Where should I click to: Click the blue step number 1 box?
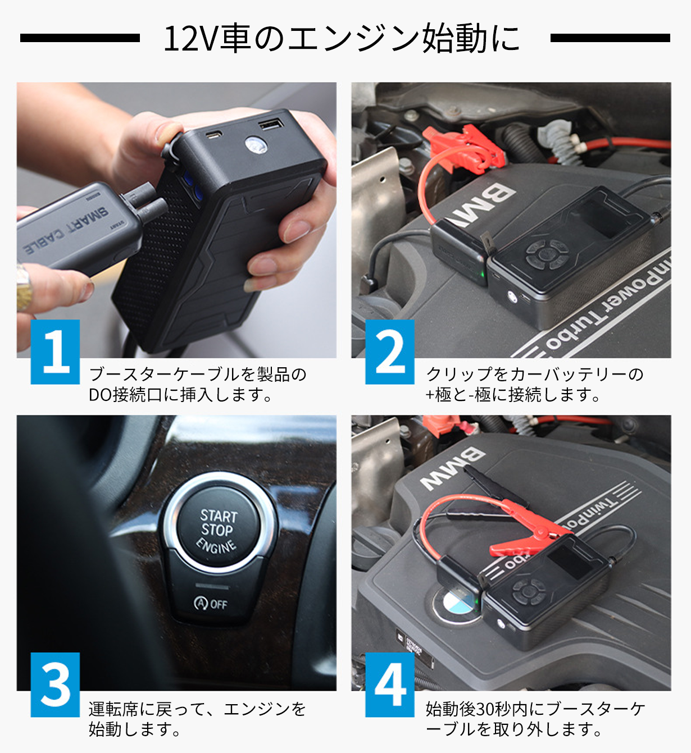click(55, 352)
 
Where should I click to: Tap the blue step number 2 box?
click(390, 352)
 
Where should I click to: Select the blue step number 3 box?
click(55, 684)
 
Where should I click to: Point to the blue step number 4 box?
click(390, 684)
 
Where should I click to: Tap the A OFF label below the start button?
click(210, 604)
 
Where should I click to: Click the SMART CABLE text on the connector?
click(66, 229)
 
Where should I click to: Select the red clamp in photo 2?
click(466, 147)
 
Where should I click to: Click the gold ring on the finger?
click(23, 287)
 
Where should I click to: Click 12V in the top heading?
click(192, 38)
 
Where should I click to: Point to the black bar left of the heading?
click(80, 38)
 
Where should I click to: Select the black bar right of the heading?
click(610, 38)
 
